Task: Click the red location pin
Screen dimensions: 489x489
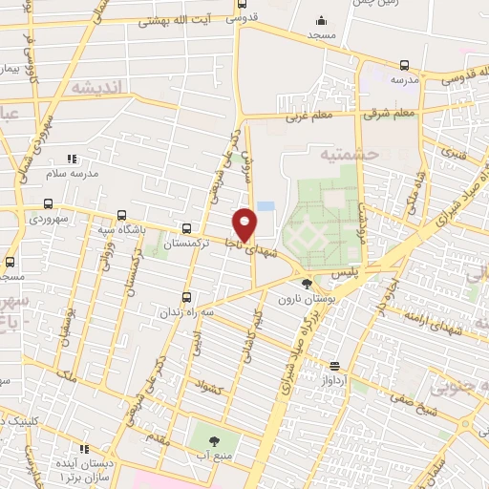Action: coord(244,225)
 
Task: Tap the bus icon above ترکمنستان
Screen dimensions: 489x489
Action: coord(185,228)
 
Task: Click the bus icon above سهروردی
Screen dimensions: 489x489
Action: coord(49,203)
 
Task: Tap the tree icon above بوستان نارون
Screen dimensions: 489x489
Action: coord(307,283)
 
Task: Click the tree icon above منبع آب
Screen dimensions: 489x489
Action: coord(212,440)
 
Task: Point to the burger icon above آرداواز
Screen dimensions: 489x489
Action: coord(334,365)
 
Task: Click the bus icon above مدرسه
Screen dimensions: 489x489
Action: coord(404,65)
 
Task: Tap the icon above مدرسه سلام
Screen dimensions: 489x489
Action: coord(71,159)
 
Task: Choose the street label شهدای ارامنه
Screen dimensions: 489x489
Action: coord(436,316)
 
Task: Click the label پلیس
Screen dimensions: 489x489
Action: coord(346,273)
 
